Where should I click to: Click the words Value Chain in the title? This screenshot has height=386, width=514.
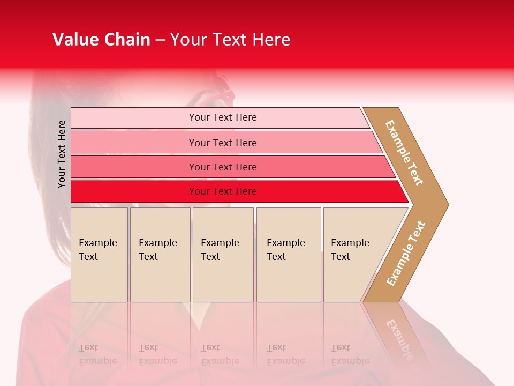[101, 40]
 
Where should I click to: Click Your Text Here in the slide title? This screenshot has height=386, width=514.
[230, 40]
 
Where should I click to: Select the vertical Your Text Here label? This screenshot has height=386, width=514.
[62, 154]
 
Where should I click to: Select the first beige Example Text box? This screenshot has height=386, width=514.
[99, 255]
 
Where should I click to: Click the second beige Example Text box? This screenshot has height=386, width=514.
[160, 255]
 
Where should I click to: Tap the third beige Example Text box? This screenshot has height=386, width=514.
[223, 255]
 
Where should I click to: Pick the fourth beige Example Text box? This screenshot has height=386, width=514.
[289, 255]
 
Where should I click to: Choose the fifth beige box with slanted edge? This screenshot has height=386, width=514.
[353, 255]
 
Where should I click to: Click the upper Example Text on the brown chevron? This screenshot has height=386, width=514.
[404, 153]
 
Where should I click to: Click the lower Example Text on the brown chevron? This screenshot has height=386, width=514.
[405, 254]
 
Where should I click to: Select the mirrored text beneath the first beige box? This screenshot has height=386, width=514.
[97, 354]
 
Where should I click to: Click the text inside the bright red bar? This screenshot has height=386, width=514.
[223, 191]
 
